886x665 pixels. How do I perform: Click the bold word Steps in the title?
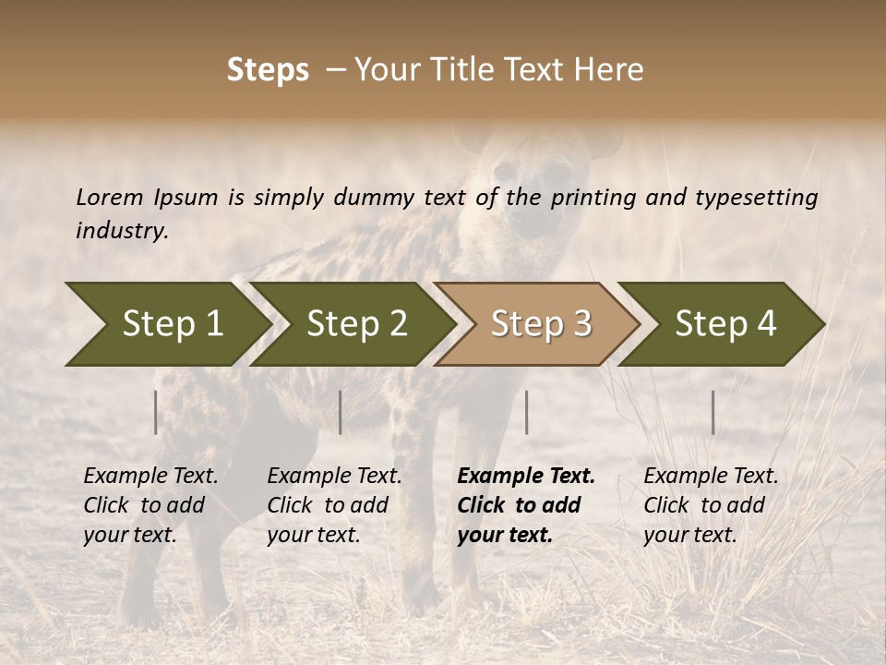268,70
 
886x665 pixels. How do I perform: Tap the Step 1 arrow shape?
166,324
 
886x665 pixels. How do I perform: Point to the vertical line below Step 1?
156,412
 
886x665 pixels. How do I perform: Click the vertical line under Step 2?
341,412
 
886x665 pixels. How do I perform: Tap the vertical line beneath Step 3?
526,412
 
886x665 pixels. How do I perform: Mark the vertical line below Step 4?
712,412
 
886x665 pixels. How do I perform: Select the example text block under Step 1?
150,505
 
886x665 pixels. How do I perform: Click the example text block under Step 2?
334,505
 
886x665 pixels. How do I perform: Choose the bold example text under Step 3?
526,505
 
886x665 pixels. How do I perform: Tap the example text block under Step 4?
711,505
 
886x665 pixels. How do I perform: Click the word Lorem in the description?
110,197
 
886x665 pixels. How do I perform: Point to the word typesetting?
756,198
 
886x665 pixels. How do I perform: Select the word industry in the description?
122,231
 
